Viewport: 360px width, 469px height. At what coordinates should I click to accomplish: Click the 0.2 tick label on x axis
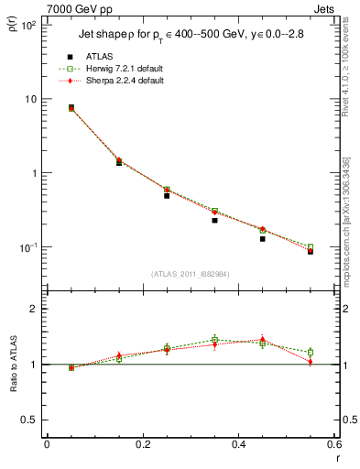pos(142,446)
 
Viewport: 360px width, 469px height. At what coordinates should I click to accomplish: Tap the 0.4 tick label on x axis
pos(237,446)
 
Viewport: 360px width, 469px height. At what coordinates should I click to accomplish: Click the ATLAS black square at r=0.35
pos(214,220)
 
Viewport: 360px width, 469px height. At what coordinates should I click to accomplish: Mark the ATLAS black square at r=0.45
pos(263,238)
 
